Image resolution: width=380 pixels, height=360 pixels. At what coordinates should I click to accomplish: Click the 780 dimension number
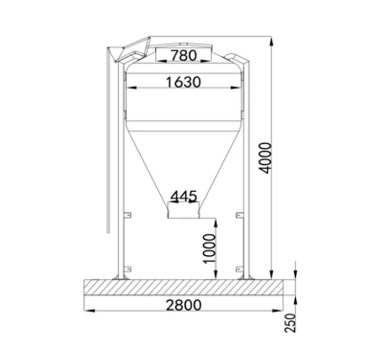pos(183,55)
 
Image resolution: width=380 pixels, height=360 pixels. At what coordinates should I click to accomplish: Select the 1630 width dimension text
pos(183,82)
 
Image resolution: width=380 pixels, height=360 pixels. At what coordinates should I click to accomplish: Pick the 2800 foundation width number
pos(183,305)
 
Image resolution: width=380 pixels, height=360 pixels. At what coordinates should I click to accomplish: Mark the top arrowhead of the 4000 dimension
pos(271,40)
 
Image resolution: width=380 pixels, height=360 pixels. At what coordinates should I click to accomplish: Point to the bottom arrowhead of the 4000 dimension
pos(271,276)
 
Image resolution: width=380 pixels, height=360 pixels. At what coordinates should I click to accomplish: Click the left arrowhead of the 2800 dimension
pos(88,310)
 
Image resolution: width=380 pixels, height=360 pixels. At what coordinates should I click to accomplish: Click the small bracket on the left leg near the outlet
pos(128,216)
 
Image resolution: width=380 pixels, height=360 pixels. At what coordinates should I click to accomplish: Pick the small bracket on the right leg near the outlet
pos(239,216)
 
